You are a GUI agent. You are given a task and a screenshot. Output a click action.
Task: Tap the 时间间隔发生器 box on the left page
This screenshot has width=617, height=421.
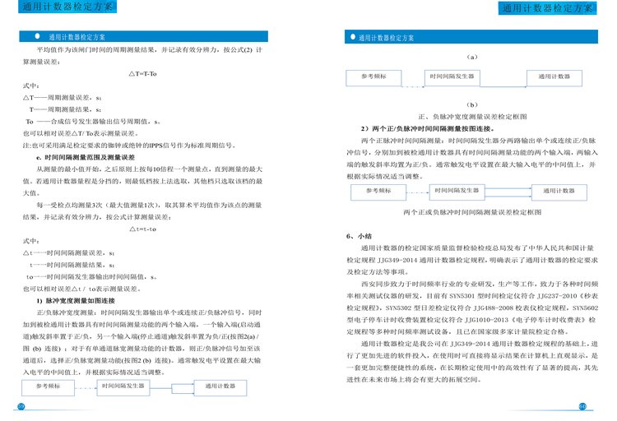pyautogui.click(x=127, y=384)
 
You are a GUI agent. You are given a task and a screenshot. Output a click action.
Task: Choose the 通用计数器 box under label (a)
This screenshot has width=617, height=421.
pyautogui.click(x=554, y=76)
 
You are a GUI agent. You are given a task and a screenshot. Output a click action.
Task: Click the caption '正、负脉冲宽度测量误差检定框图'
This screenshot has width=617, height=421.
pyautogui.click(x=471, y=118)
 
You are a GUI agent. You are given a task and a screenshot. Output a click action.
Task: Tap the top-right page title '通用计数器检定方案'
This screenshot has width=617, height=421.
pyautogui.click(x=550, y=9)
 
